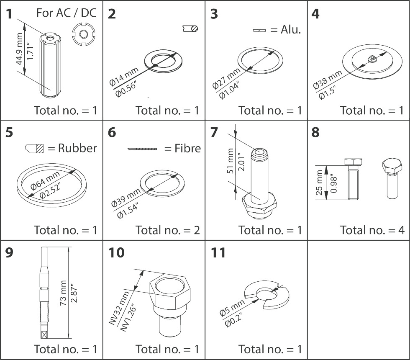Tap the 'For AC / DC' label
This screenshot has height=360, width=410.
click(x=66, y=13)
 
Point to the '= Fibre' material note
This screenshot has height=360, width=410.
click(x=182, y=148)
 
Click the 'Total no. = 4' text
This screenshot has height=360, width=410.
click(x=372, y=230)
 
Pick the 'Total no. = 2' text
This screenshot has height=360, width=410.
click(x=167, y=230)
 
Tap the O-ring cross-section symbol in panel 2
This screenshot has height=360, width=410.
click(x=190, y=28)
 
